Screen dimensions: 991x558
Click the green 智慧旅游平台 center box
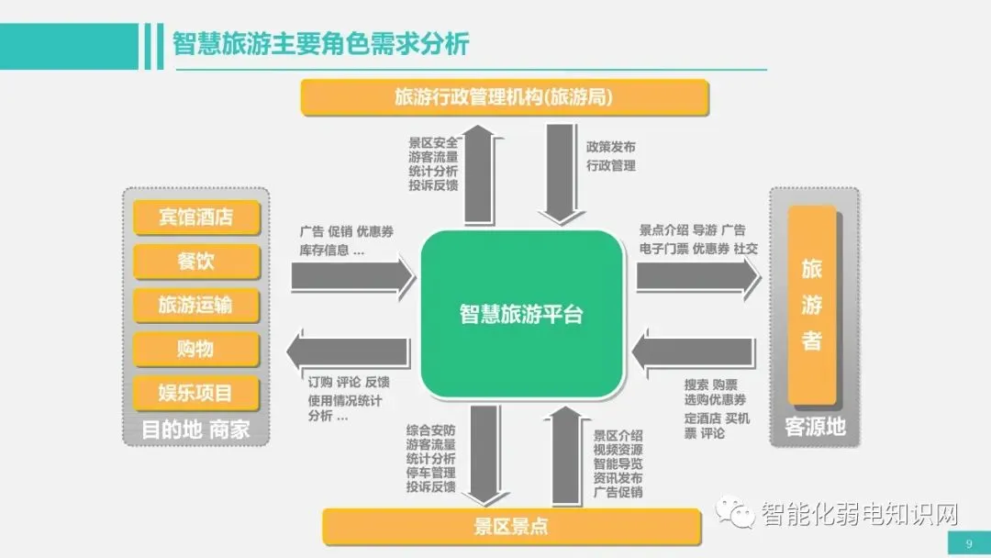click(x=520, y=314)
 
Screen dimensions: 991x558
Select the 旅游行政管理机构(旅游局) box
click(x=505, y=97)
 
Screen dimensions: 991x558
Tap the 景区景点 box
click(x=512, y=526)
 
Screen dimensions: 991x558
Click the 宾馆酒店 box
click(x=196, y=218)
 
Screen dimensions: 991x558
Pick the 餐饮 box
click(x=196, y=262)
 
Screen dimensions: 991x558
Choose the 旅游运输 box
click(x=196, y=306)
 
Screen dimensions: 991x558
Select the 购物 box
click(x=196, y=349)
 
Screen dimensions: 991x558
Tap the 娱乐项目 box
click(x=196, y=393)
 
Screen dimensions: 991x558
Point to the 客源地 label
click(x=815, y=427)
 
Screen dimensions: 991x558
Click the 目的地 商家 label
click(x=195, y=429)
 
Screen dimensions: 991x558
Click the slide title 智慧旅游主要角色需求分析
click(x=320, y=43)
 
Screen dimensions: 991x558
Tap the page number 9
click(x=968, y=544)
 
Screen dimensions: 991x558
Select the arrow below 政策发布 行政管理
click(x=561, y=174)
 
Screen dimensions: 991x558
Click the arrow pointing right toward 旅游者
click(x=697, y=276)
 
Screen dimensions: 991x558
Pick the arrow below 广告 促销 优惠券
click(x=353, y=276)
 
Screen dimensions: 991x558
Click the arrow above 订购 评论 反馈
click(x=349, y=352)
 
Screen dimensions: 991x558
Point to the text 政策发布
click(x=610, y=147)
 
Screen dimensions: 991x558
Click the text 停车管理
click(x=430, y=473)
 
